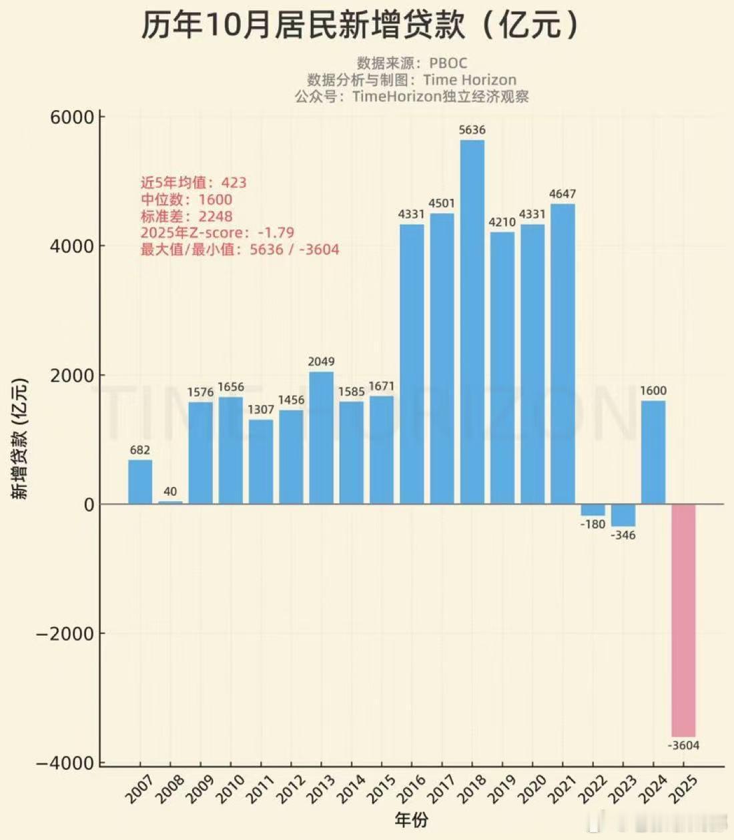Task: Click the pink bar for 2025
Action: [683, 620]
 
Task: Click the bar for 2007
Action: [139, 482]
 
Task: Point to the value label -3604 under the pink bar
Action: [683, 745]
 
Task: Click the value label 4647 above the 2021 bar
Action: [563, 194]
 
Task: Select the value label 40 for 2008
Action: [170, 492]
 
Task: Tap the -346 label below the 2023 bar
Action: [623, 535]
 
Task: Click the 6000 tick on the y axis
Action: [72, 117]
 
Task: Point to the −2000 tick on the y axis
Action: [65, 633]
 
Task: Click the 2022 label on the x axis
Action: [593, 789]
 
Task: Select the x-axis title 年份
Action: [411, 820]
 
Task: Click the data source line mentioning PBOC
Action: [412, 63]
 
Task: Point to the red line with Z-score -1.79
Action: [217, 233]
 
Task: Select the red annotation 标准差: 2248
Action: [186, 216]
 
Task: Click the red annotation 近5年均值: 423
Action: [193, 182]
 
